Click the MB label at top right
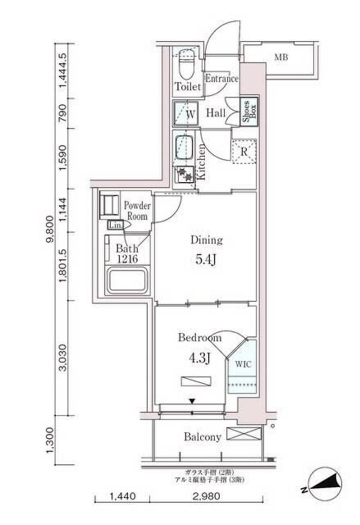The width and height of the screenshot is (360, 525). click(x=281, y=57)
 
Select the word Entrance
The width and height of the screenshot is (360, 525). click(x=221, y=79)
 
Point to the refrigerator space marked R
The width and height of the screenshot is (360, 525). click(x=244, y=150)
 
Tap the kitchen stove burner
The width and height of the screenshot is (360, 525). click(x=185, y=174)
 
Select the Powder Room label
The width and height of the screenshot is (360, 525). click(x=135, y=211)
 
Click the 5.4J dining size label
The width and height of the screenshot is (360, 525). click(x=207, y=260)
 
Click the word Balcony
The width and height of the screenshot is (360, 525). click(x=202, y=437)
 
